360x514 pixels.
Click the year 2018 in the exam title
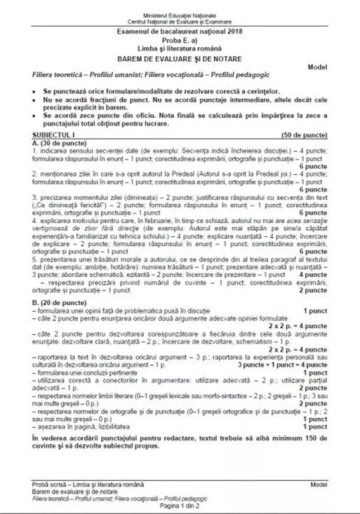(x=235, y=31)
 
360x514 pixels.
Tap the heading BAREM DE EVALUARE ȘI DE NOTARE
(x=180, y=59)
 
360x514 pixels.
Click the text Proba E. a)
(x=180, y=41)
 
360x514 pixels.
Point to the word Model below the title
(x=318, y=67)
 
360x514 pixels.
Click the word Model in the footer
(x=319, y=484)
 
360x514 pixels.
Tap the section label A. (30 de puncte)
(x=59, y=143)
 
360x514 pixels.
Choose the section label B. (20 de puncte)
(x=59, y=303)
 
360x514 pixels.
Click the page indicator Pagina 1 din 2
(x=180, y=506)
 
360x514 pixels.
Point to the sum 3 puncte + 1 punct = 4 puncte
(x=282, y=365)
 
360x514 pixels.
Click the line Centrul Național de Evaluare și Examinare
(x=180, y=21)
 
